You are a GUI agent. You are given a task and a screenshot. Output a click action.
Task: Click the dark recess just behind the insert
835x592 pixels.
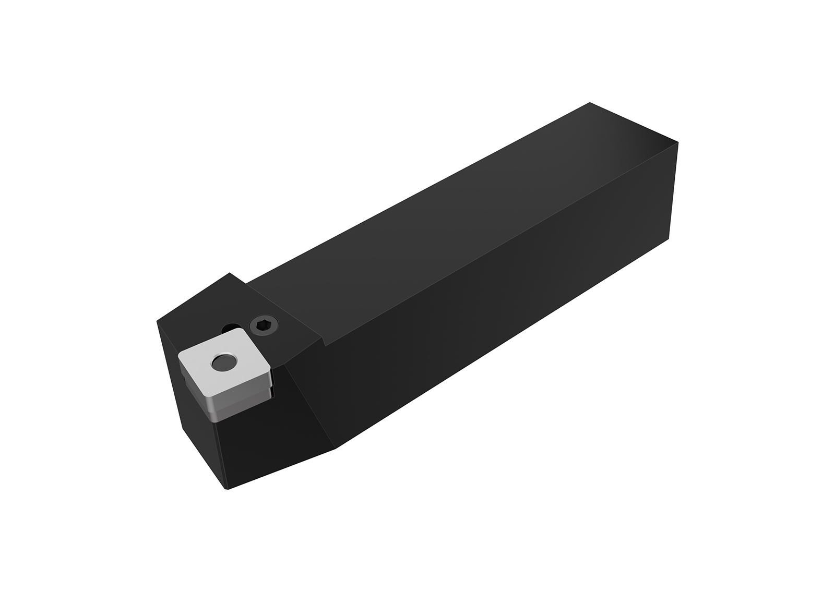228,328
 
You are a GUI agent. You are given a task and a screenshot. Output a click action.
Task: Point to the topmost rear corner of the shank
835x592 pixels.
589,103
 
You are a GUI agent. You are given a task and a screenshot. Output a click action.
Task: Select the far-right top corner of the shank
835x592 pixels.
677,142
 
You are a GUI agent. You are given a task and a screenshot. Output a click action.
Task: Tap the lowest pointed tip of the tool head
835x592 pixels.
226,489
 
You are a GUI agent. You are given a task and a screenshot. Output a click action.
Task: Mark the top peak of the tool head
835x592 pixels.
229,273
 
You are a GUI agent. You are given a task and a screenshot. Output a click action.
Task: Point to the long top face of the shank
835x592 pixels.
444,219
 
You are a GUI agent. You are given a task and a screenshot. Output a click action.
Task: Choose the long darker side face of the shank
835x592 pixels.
496,313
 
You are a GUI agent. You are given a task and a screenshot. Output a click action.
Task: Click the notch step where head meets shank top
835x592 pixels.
324,342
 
